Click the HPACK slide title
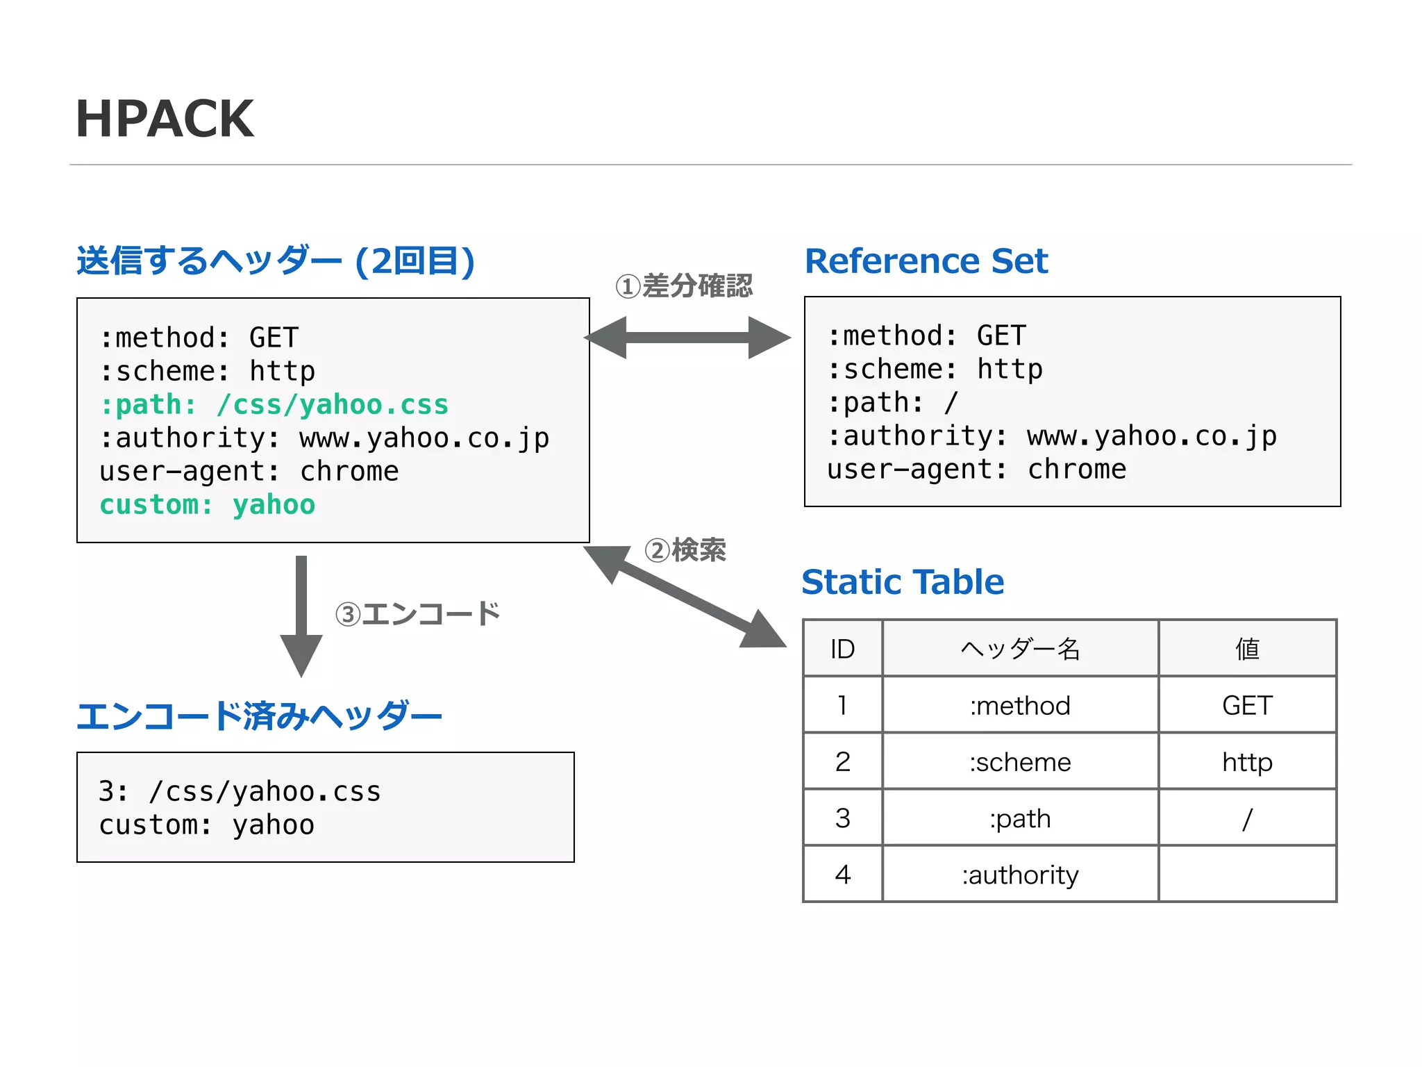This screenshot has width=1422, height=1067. [165, 119]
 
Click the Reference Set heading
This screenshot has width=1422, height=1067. [926, 261]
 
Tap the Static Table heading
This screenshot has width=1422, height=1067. [902, 582]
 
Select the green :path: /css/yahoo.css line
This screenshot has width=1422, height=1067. [274, 404]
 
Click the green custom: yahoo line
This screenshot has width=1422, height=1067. [207, 505]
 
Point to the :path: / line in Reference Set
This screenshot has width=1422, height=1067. [892, 403]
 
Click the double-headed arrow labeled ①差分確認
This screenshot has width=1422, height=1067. [687, 338]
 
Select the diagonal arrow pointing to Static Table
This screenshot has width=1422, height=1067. [684, 596]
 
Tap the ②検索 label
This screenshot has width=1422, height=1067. [685, 550]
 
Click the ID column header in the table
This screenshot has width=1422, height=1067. [842, 649]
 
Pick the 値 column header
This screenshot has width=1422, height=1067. [1247, 649]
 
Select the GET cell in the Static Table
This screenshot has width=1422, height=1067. [1247, 706]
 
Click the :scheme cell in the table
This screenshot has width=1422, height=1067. [1020, 762]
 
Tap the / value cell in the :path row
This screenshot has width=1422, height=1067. [1247, 818]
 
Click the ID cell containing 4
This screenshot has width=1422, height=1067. [842, 875]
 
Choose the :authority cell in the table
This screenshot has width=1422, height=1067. [1020, 875]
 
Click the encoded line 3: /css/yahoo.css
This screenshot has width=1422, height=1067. [240, 792]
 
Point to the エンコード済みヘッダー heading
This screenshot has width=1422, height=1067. [259, 716]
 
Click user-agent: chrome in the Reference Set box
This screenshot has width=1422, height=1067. [976, 470]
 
